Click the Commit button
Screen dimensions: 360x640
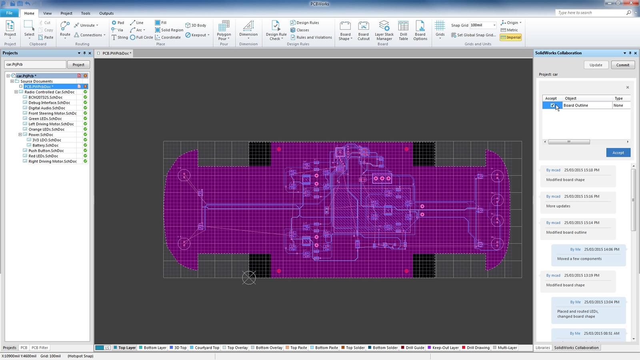pos(622,65)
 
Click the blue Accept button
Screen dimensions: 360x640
pos(618,152)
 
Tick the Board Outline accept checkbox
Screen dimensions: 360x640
pos(552,106)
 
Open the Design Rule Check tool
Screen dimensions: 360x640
pos(276,30)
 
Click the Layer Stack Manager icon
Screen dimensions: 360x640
pos(384,30)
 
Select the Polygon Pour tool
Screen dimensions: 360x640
pos(224,30)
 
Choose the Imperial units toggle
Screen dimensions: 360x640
pos(511,37)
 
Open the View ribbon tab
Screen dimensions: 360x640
pos(47,13)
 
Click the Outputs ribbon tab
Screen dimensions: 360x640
pos(106,13)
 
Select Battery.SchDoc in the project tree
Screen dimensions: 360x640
pos(45,145)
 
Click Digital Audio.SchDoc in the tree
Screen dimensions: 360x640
pos(47,108)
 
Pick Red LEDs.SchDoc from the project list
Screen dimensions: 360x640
pos(43,156)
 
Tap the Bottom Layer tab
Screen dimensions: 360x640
pos(155,348)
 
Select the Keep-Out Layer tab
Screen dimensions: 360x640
pos(445,348)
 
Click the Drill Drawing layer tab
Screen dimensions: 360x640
pos(478,348)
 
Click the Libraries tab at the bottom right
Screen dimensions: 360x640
pos(542,348)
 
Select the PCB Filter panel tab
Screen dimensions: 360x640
pos(40,348)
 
